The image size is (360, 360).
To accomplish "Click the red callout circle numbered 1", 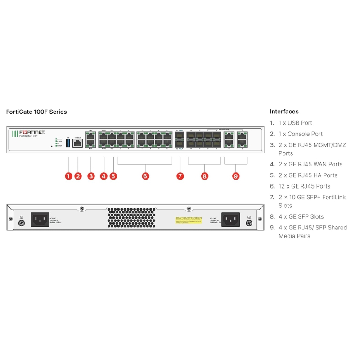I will pyautogui.click(x=68, y=176).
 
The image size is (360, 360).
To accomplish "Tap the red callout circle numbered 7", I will pyautogui.click(x=180, y=176).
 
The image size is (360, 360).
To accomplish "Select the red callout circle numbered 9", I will pyautogui.click(x=236, y=176).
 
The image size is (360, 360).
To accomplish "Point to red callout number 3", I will pyautogui.click(x=91, y=176).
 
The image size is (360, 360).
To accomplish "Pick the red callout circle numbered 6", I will pyautogui.click(x=145, y=176).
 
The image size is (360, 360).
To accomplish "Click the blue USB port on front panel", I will pyautogui.click(x=68, y=143).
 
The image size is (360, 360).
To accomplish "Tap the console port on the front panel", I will pyautogui.click(x=77, y=143).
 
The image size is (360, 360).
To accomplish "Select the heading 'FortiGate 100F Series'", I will pyautogui.click(x=36, y=112).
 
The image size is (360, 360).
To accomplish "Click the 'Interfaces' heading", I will pyautogui.click(x=284, y=112).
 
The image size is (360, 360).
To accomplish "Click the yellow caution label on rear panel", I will pyautogui.click(x=189, y=220).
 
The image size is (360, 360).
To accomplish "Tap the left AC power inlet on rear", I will pyautogui.click(x=40, y=220).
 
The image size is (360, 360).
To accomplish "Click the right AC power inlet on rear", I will pyautogui.click(x=231, y=220).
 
